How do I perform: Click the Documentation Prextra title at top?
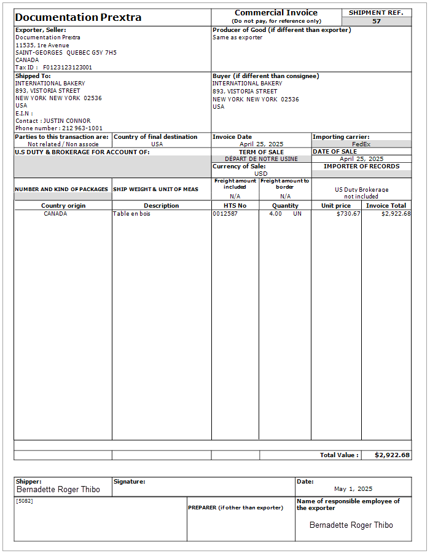point(78,17)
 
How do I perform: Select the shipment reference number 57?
point(376,22)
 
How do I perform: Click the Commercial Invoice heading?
point(276,13)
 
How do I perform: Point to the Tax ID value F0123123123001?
point(68,68)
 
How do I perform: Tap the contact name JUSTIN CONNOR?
point(67,121)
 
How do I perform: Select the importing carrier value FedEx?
point(361,144)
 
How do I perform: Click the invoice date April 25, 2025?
point(261,144)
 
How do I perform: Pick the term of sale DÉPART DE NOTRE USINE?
point(261,159)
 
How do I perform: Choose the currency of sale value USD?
point(261,174)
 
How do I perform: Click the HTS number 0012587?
point(225,214)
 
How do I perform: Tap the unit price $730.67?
point(348,214)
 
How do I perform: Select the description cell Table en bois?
point(131,214)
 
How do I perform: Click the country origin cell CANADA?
point(55,214)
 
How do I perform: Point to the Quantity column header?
point(285,206)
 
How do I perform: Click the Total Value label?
point(339,455)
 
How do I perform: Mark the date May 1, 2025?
point(353,489)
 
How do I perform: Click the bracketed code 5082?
point(25,501)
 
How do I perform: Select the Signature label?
point(129,482)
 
